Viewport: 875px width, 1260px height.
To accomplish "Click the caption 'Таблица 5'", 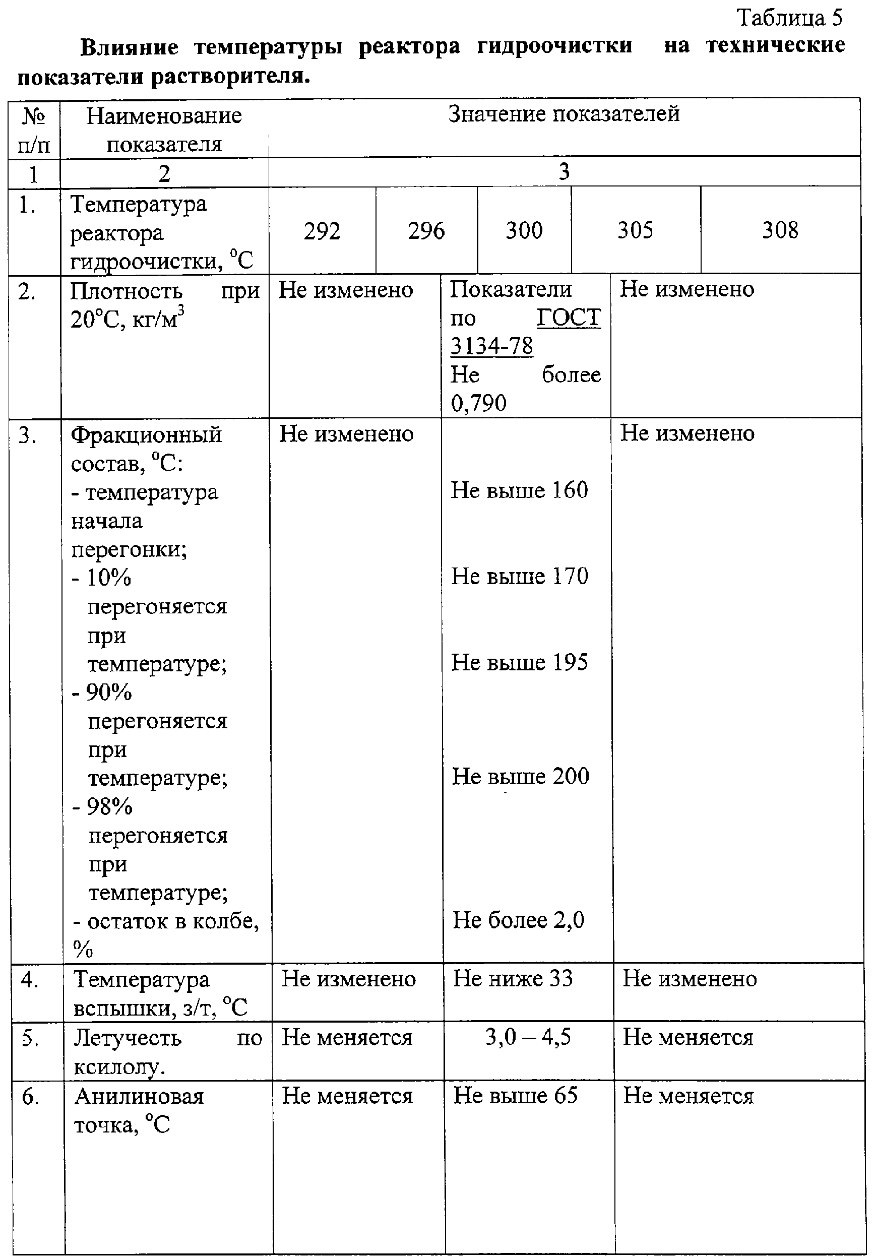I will coord(789,18).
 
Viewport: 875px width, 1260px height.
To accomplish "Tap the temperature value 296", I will coord(426,231).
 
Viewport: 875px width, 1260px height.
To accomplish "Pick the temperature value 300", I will coord(524,230).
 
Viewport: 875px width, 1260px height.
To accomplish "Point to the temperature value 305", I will coord(635,230).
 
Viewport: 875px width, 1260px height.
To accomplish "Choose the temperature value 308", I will coord(780,230).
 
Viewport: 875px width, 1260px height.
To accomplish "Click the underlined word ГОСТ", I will coord(569,318).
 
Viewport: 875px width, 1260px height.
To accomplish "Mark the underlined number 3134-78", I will coord(491,346).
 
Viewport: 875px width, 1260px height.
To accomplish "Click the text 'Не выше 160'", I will coord(519,490).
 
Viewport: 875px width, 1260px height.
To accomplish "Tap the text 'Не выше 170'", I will coord(519,576).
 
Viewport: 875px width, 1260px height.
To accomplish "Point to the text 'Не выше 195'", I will coord(519,662).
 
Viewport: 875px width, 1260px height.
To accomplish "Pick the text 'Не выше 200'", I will coord(520,776).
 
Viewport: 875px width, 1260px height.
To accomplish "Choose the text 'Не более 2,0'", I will coord(518,920).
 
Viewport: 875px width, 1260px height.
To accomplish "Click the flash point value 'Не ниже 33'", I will coord(513,978).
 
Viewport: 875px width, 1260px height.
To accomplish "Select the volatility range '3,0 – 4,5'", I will coord(528,1036).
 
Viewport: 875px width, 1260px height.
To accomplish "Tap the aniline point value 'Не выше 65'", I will coord(515,1095).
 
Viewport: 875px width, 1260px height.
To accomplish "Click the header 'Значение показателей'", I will coord(564,114).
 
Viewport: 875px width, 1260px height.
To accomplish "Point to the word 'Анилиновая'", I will coord(139,1096).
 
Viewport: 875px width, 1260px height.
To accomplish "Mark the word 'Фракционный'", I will coord(146,434).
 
